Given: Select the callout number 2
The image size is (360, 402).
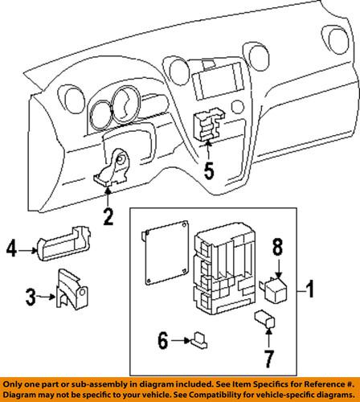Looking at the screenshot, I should point(108,215).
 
